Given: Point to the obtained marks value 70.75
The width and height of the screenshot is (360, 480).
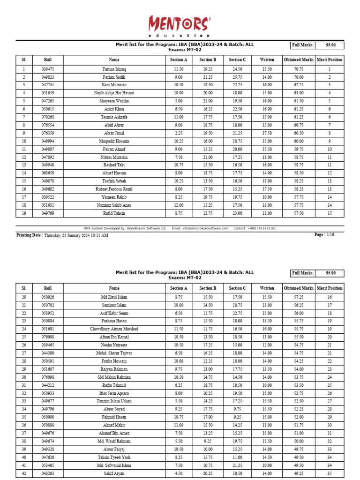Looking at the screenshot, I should pyautogui.click(x=299, y=69).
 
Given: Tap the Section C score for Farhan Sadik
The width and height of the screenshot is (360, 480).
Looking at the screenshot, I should pyautogui.click(x=237, y=77).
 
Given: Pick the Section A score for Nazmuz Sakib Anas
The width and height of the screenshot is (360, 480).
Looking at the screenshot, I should pyautogui.click(x=179, y=205).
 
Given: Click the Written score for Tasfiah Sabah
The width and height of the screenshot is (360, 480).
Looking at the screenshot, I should pyautogui.click(x=267, y=181).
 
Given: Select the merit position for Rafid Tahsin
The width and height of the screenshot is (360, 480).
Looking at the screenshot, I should pyautogui.click(x=330, y=213).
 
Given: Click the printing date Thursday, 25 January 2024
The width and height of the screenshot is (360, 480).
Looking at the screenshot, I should pyautogui.click(x=76, y=235).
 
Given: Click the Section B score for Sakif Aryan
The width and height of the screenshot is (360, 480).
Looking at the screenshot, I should pyautogui.click(x=208, y=473).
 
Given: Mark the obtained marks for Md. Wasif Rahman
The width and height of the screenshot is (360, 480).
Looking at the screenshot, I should pyautogui.click(x=299, y=441).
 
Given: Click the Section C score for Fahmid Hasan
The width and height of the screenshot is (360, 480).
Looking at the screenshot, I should pyautogui.click(x=237, y=417).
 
